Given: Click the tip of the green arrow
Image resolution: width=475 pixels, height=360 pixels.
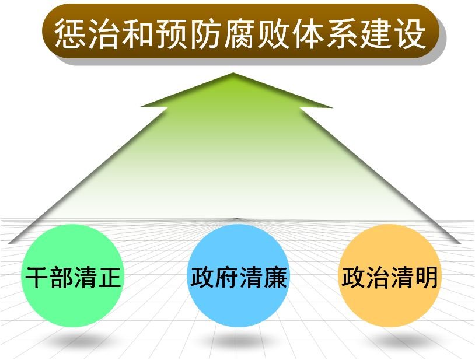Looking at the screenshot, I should [234, 74].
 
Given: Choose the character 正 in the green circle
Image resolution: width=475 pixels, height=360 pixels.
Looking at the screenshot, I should [109, 278].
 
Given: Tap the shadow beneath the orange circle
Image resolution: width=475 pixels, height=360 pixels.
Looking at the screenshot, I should [389, 341].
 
